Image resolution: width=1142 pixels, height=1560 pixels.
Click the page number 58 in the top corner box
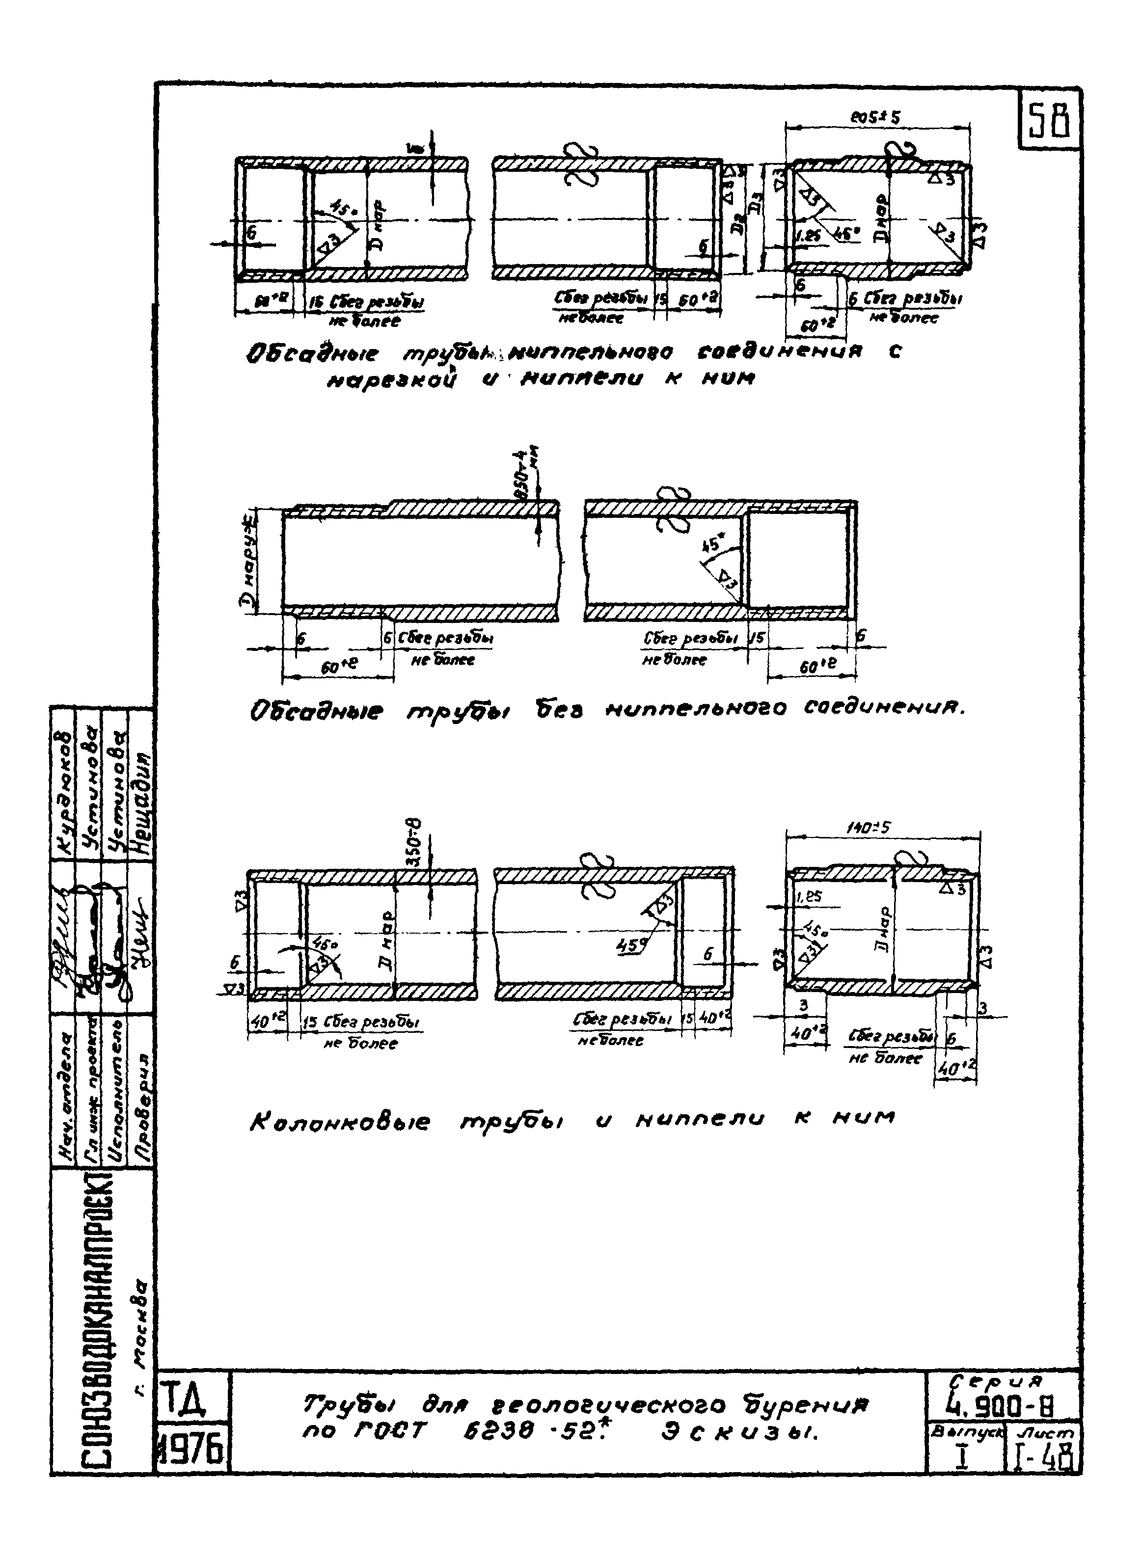coord(1049,121)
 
